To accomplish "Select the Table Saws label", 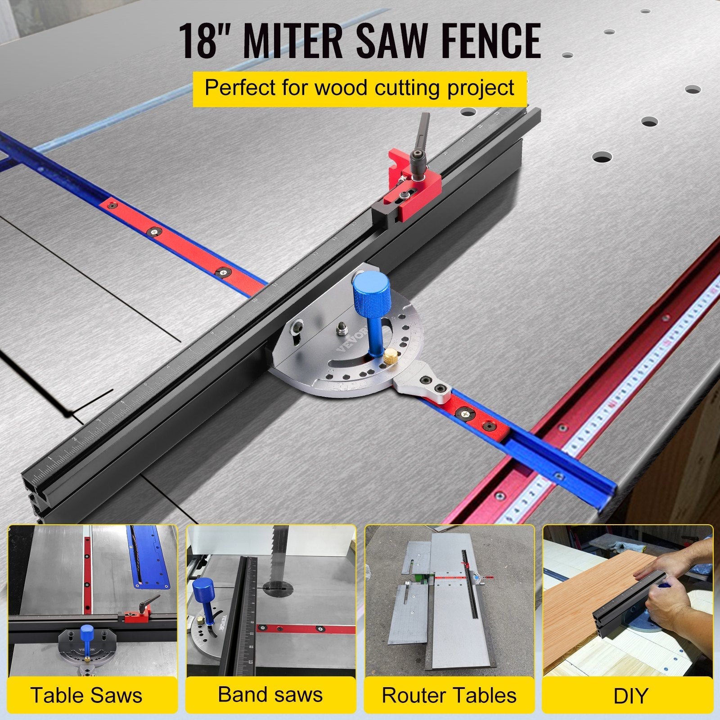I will click(86, 695).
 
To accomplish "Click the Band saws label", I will click(270, 694).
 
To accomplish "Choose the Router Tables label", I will click(449, 695).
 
